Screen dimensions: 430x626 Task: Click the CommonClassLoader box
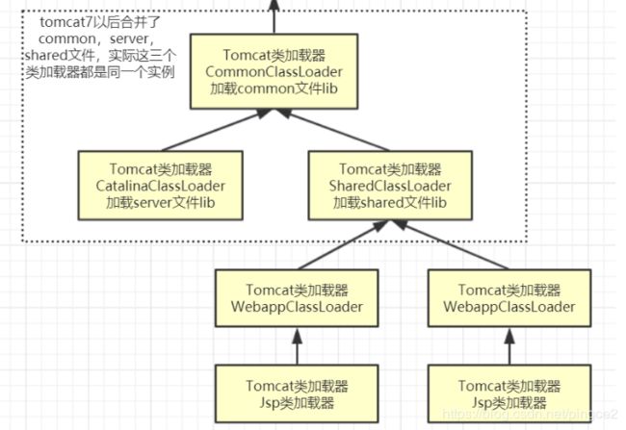click(274, 67)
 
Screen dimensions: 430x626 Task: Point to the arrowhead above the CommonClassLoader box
click(274, 6)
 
